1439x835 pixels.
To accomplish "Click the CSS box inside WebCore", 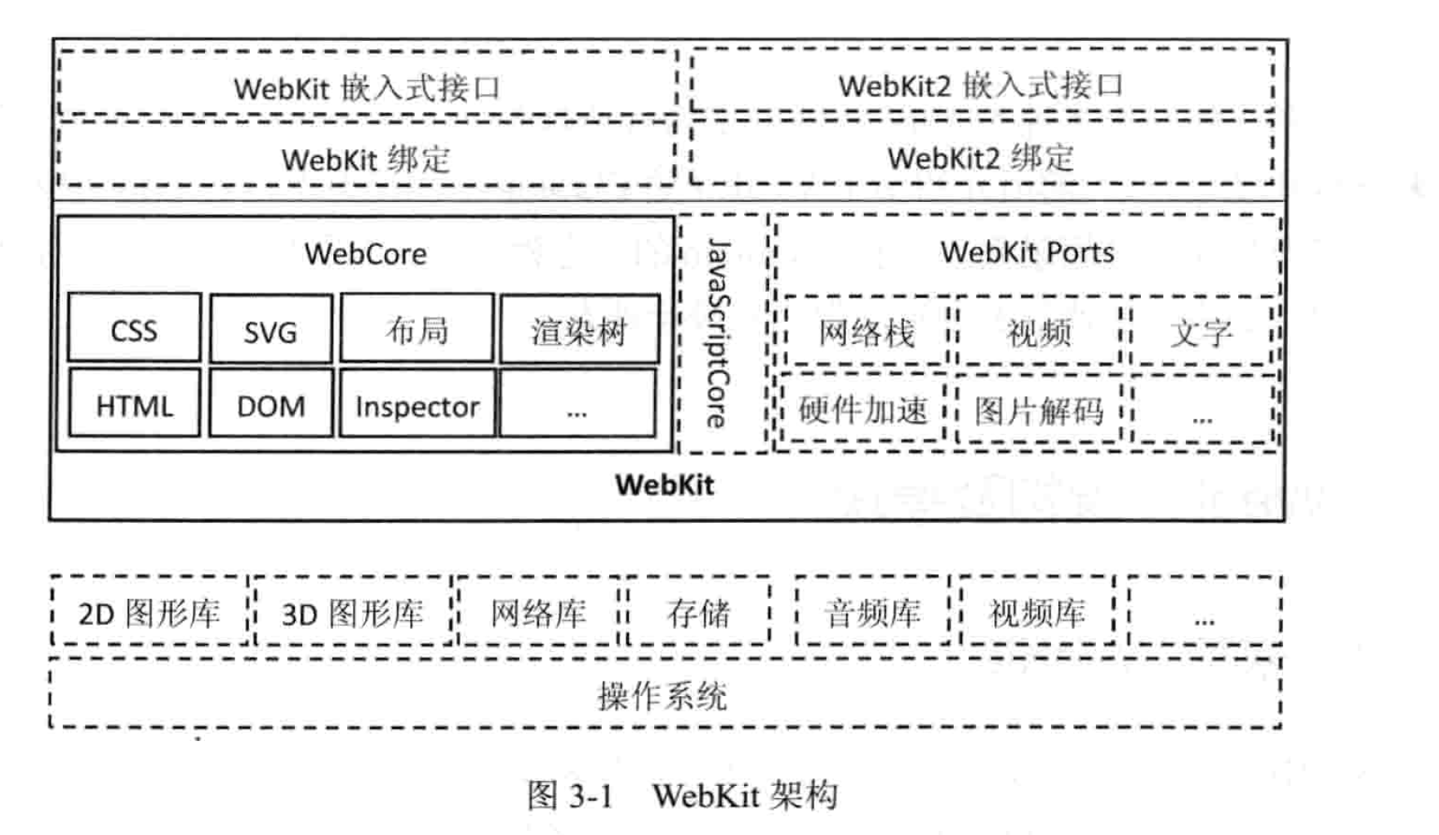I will pos(134,329).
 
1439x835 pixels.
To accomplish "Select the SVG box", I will pos(270,330).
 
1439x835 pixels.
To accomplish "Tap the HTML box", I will pos(134,404).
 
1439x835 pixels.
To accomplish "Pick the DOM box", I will pos(270,404).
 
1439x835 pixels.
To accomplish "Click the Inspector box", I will pos(417,405).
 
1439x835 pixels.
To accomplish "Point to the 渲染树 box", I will pos(579,330).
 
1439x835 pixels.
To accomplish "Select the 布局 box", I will pos(417,329).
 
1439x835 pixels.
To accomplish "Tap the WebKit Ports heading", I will pos(1027,252).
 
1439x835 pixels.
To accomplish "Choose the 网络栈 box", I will pos(866,333).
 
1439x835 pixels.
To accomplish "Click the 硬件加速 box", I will pos(862,409).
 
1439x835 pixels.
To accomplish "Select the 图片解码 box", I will pos(1038,409).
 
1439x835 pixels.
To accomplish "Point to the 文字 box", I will pos(1200,333).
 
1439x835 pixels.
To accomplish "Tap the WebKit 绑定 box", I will pos(366,159).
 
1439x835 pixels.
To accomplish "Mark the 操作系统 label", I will pos(662,696).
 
